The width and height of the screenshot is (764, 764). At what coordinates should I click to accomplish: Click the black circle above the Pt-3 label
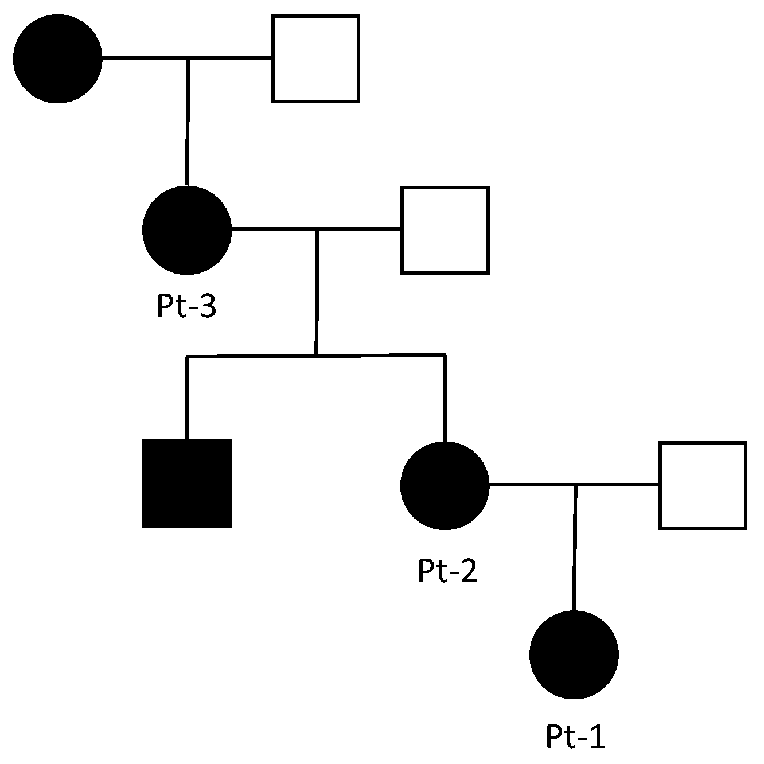pyautogui.click(x=187, y=230)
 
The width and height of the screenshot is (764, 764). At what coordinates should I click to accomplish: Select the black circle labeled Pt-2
pyautogui.click(x=445, y=485)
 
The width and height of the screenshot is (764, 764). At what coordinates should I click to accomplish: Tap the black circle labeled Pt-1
pyautogui.click(x=574, y=654)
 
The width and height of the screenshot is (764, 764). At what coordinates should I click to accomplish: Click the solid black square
pyautogui.click(x=187, y=483)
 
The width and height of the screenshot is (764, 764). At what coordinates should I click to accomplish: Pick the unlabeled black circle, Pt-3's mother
pyautogui.click(x=57, y=59)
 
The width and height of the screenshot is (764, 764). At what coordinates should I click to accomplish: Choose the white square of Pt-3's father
pyautogui.click(x=315, y=59)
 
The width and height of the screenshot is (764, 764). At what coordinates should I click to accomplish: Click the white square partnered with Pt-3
pyautogui.click(x=445, y=229)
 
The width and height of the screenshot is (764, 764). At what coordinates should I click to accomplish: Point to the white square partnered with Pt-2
pyautogui.click(x=703, y=485)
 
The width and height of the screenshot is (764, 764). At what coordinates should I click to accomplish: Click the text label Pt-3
pyautogui.click(x=186, y=307)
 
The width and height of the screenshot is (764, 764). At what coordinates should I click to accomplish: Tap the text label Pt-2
pyautogui.click(x=447, y=571)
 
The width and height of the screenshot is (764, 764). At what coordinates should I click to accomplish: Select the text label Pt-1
pyautogui.click(x=575, y=737)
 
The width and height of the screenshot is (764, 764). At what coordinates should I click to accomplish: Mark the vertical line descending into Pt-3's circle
pyautogui.click(x=187, y=123)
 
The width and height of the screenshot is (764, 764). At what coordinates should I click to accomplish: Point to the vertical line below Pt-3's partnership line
pyautogui.click(x=316, y=293)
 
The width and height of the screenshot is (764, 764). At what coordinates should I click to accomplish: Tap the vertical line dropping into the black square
pyautogui.click(x=186, y=399)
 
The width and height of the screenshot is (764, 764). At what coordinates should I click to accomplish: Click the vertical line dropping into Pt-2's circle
pyautogui.click(x=445, y=399)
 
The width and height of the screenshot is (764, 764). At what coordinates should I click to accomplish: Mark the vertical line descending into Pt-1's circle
pyautogui.click(x=575, y=548)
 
